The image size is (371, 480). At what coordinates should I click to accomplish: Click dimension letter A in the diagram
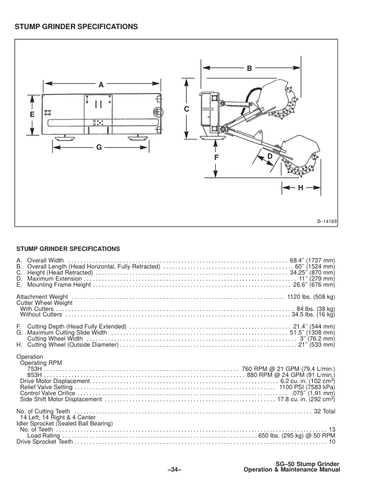[101, 85]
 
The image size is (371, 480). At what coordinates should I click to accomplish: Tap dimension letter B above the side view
[249, 70]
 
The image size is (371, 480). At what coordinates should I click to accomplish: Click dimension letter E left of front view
[32, 113]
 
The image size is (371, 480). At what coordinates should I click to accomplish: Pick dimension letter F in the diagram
[216, 158]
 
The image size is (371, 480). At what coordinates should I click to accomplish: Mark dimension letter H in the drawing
[299, 188]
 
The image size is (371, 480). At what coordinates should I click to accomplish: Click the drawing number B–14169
[327, 222]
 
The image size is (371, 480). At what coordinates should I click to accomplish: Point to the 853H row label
[35, 375]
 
